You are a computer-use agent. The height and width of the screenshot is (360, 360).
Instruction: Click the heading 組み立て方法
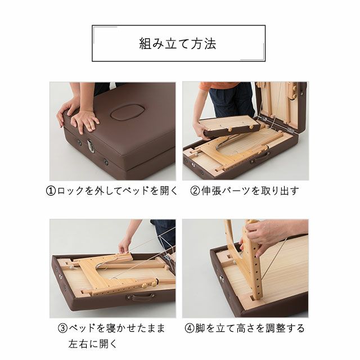tap(178, 44)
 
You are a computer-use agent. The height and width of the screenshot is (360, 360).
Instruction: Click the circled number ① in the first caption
tap(51, 191)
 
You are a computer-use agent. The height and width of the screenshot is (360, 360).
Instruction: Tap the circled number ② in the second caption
tap(195, 191)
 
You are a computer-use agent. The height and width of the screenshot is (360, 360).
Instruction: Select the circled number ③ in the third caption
tap(62, 328)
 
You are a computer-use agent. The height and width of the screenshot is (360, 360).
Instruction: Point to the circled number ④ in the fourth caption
tap(190, 328)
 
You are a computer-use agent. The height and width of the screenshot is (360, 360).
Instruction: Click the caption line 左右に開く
tap(93, 344)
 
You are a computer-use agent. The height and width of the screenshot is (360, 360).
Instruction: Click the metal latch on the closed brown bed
tap(90, 146)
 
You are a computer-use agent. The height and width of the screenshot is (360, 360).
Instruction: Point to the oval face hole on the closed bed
tap(125, 112)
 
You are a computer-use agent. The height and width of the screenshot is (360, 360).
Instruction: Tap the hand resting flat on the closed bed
tap(85, 120)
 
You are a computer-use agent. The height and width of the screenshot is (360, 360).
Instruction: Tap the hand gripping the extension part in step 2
tap(200, 130)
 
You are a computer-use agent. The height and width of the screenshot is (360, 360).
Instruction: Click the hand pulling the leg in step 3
tap(124, 246)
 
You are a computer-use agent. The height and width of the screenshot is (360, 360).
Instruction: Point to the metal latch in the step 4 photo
tap(222, 279)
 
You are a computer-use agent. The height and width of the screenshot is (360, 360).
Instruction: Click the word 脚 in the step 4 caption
tap(200, 328)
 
